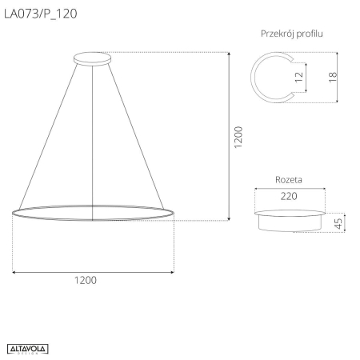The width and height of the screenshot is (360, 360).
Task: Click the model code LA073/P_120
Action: tap(42, 13)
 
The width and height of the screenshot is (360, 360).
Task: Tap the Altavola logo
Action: tap(28, 348)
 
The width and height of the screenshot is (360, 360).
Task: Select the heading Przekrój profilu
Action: tap(291, 34)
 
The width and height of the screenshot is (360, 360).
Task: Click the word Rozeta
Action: tap(288, 180)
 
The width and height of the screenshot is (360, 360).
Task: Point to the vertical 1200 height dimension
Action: tap(238, 138)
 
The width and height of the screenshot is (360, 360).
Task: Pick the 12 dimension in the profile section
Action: tap(298, 77)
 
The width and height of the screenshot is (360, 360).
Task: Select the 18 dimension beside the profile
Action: tap(331, 77)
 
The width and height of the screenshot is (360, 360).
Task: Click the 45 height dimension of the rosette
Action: tap(338, 223)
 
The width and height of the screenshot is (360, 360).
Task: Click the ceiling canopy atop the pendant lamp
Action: tap(93, 58)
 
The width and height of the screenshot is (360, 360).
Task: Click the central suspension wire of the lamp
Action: tap(94, 136)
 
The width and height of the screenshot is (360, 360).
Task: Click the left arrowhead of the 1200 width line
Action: tap(16, 272)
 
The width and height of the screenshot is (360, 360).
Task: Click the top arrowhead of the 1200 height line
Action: tap(230, 55)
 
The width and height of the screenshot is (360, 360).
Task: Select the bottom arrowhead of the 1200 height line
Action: tap(230, 217)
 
